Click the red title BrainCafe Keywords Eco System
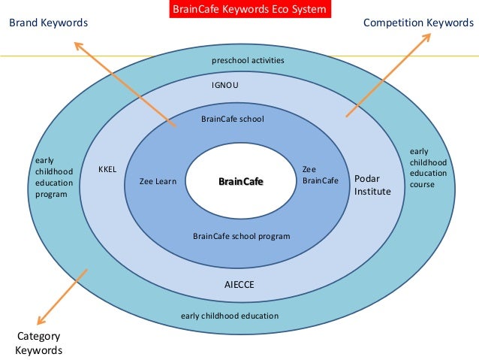point(239,9)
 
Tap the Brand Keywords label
point(48,23)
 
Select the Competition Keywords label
point(418,23)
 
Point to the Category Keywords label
point(38,343)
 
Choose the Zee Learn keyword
point(158,181)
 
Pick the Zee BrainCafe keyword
point(320,175)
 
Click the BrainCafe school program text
point(241,236)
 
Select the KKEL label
point(107,170)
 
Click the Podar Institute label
point(372,186)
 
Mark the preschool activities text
point(248,59)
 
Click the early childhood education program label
point(54,177)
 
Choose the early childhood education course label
point(428,168)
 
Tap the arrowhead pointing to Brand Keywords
point(77,45)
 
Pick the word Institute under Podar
point(372,192)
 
